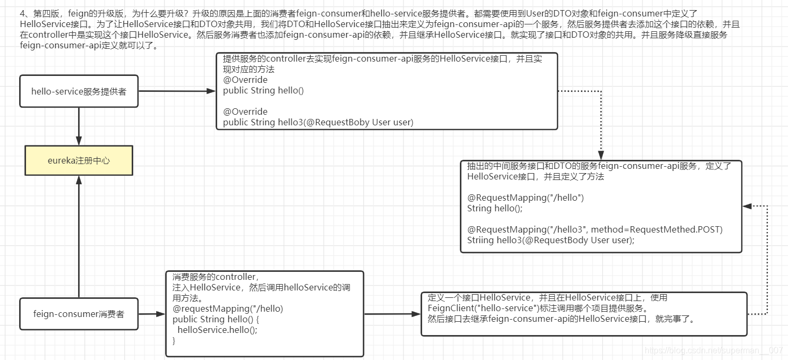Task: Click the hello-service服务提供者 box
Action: [79, 91]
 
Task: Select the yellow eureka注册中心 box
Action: [79, 160]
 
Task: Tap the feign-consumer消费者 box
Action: [79, 314]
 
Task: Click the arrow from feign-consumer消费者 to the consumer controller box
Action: [152, 314]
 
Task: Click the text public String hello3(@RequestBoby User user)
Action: [318, 122]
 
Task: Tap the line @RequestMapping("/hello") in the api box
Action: [525, 198]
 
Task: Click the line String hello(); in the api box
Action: [495, 208]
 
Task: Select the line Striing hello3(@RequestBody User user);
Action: [551, 240]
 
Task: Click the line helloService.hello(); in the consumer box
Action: [217, 330]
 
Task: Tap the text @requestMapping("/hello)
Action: [228, 308]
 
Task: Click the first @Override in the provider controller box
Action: [245, 80]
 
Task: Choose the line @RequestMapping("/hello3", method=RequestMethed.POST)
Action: [595, 229]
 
